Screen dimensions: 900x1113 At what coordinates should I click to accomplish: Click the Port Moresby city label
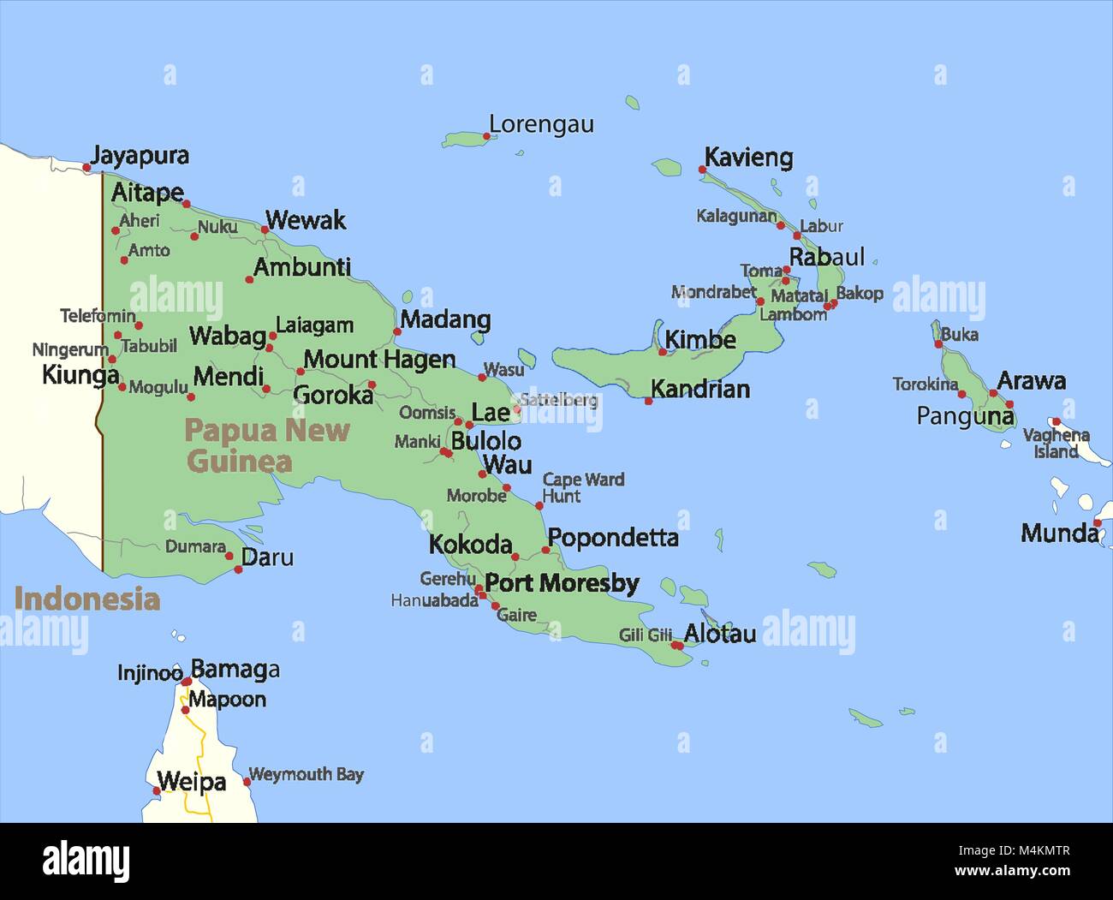pos(562,584)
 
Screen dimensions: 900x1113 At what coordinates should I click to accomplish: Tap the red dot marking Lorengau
pos(488,135)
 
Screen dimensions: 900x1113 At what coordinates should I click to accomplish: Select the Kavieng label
pos(748,158)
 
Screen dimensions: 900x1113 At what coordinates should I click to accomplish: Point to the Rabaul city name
pos(826,257)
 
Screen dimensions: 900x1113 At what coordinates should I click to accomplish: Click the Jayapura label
pos(140,156)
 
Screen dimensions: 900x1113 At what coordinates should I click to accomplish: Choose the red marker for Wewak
pos(265,229)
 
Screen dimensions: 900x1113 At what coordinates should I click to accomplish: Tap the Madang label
pos(445,320)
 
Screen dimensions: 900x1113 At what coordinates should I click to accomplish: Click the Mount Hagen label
pos(379,360)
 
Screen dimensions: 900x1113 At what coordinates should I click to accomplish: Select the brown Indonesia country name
pos(86,599)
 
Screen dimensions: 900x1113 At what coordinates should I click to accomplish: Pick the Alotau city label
pos(720,635)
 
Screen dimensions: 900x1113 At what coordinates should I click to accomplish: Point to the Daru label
pos(267,557)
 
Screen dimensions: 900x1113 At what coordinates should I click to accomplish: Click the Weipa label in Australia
pos(192,782)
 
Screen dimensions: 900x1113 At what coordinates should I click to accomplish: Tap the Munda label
pos(1059,533)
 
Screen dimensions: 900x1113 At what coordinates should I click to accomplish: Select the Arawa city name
pos(1031,381)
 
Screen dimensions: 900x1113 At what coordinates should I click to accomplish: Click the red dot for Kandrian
pos(648,401)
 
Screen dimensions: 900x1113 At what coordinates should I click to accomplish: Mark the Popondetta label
pos(613,538)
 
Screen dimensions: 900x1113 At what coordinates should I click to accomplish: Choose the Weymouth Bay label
pos(306,775)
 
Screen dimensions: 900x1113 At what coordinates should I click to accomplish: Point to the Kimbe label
pos(700,340)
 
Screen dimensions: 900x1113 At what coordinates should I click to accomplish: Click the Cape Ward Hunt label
pos(583,488)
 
